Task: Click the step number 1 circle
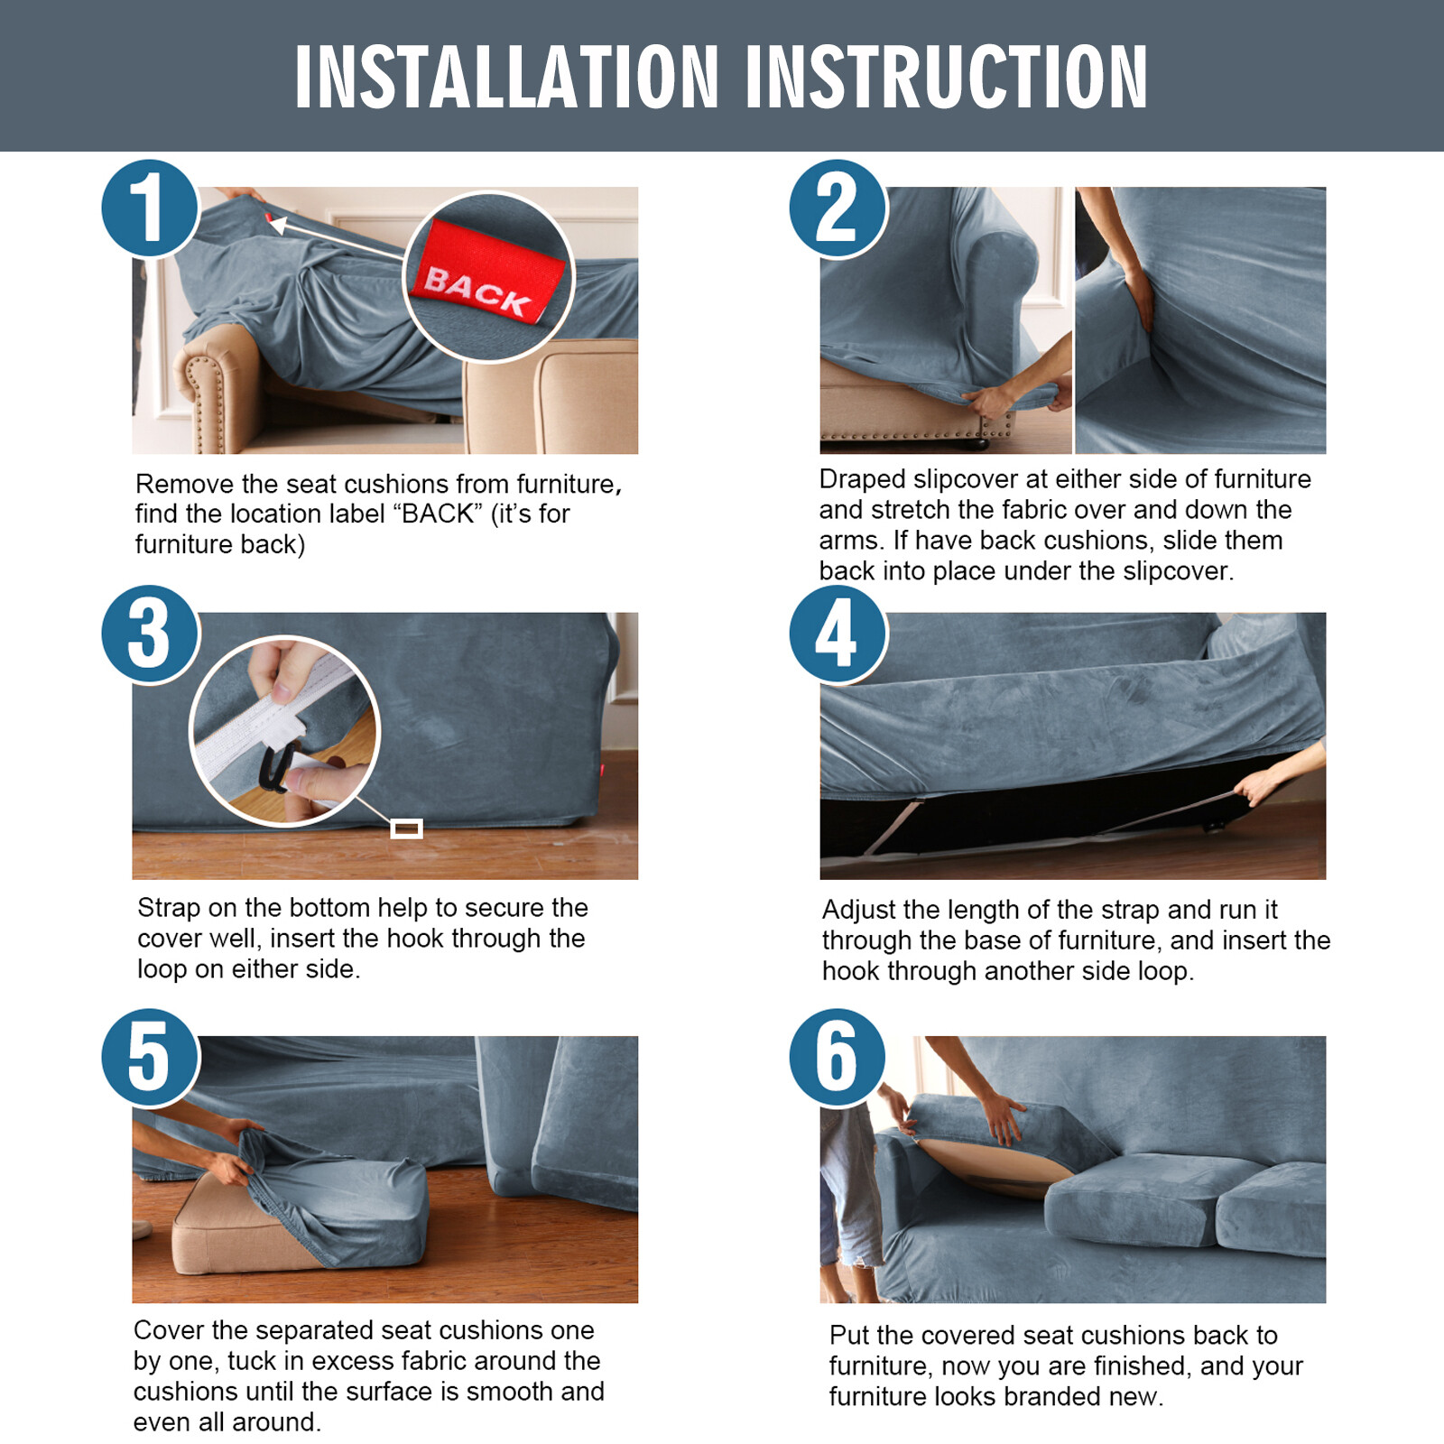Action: click(150, 208)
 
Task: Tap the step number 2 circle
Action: click(838, 208)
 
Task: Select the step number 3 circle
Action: click(150, 634)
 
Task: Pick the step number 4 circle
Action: click(838, 634)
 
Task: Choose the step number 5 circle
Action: click(150, 1057)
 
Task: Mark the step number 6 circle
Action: click(838, 1057)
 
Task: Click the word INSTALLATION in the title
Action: click(507, 78)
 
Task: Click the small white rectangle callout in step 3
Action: click(406, 828)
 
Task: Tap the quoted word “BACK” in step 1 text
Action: click(438, 514)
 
